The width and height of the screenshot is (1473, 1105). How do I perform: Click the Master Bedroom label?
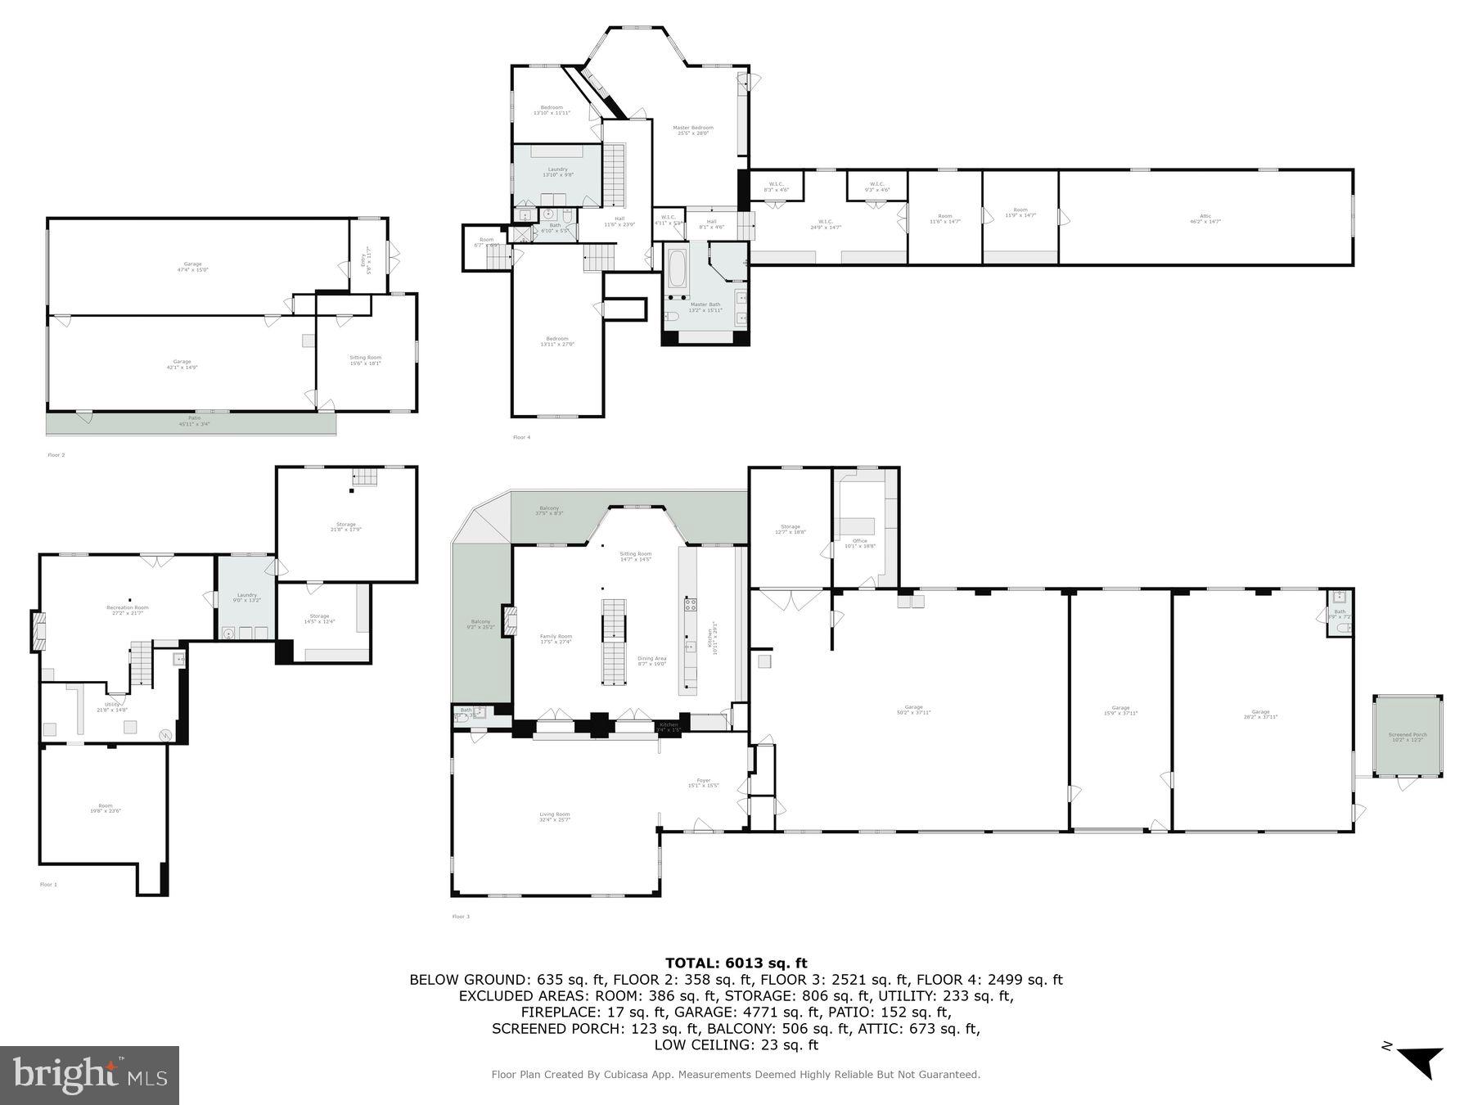coord(692,130)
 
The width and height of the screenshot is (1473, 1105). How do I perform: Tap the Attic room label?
coord(1205,219)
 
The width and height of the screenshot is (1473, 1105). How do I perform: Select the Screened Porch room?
coord(1408,737)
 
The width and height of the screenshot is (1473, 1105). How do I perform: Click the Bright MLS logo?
coord(89,1075)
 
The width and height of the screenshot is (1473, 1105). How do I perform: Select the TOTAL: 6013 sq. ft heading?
coord(736,963)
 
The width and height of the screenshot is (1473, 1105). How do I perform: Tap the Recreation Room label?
coord(128,610)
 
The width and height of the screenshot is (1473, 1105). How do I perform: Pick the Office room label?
coord(859,543)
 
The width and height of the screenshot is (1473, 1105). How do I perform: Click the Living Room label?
coord(554,816)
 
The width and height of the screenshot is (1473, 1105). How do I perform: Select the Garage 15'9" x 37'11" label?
coord(1120,710)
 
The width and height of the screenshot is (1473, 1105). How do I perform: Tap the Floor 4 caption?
coord(521,437)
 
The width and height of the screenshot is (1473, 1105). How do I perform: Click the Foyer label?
coord(703,783)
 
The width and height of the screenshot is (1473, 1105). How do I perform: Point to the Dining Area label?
coord(652,661)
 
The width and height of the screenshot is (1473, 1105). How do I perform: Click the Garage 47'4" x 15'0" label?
coord(192,266)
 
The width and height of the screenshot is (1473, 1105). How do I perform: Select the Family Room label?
coord(556,638)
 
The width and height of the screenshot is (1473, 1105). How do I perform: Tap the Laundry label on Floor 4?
coord(557,172)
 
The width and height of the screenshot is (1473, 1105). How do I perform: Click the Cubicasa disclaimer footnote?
coord(735,1075)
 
